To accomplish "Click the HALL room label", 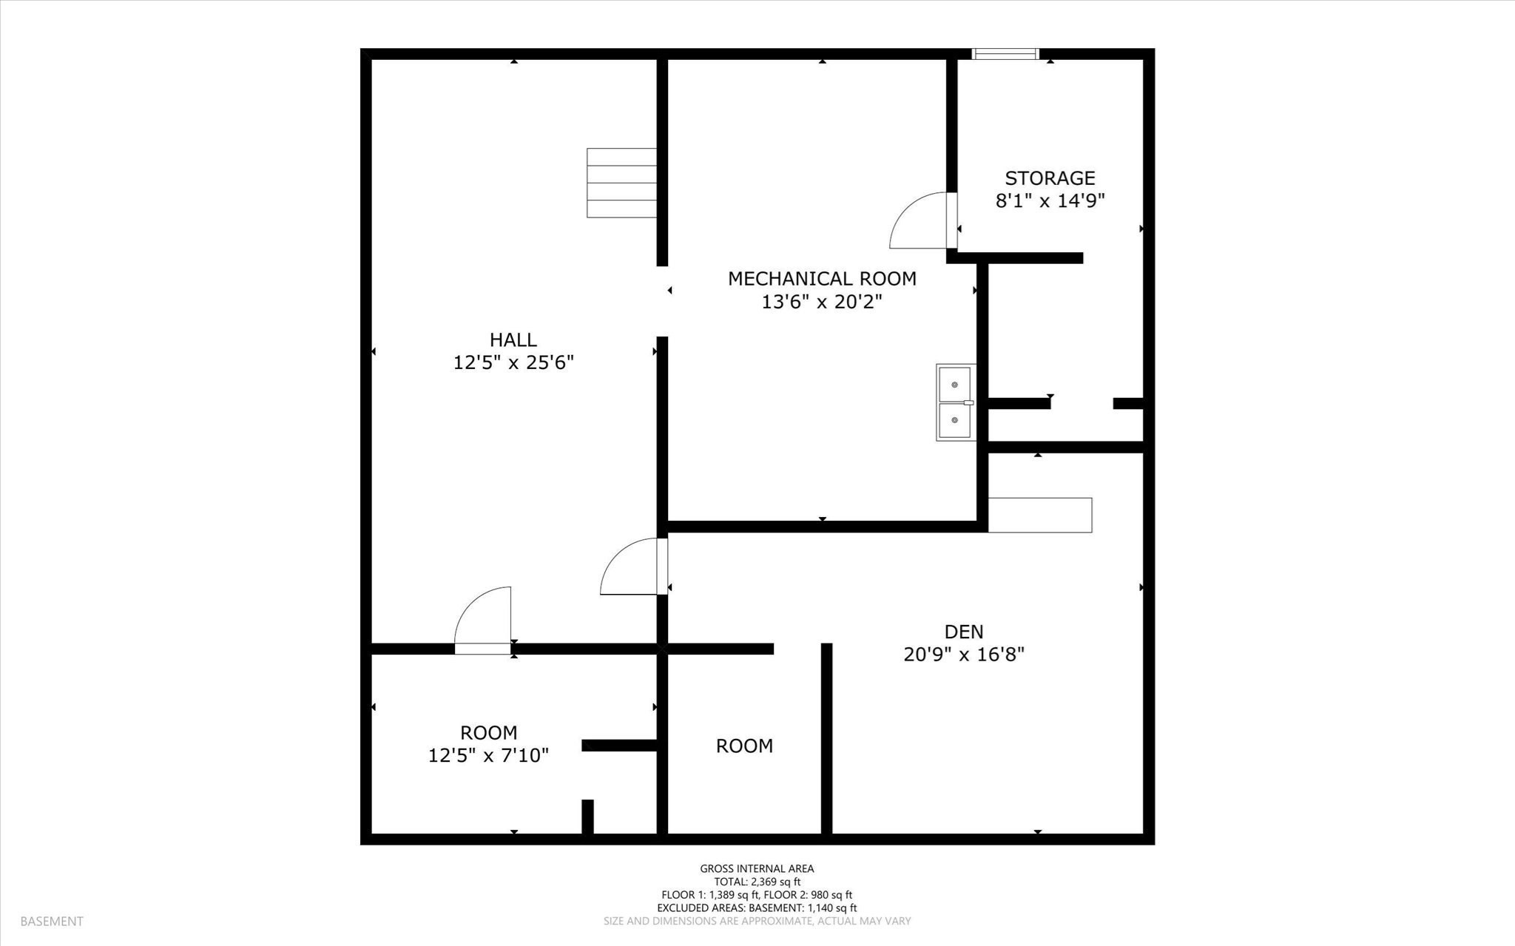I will (513, 339).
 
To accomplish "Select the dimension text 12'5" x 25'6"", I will (513, 362).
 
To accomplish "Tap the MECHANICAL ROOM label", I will (822, 278).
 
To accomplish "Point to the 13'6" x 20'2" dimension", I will (822, 302).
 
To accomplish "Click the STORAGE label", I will (1050, 178).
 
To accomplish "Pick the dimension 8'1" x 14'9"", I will (1050, 200).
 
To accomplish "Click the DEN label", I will (963, 631).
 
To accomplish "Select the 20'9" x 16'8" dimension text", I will (963, 655).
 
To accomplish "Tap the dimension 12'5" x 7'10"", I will (488, 755).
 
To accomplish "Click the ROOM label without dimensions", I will (744, 746).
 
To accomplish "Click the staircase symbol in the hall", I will (621, 183).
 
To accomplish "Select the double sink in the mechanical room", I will (955, 402).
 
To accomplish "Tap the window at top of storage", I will (1005, 53).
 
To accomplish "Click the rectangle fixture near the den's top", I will (1039, 515).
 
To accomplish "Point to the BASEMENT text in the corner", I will (52, 921).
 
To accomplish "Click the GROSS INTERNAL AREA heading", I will (757, 868).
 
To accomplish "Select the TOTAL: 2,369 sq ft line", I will (757, 882).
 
